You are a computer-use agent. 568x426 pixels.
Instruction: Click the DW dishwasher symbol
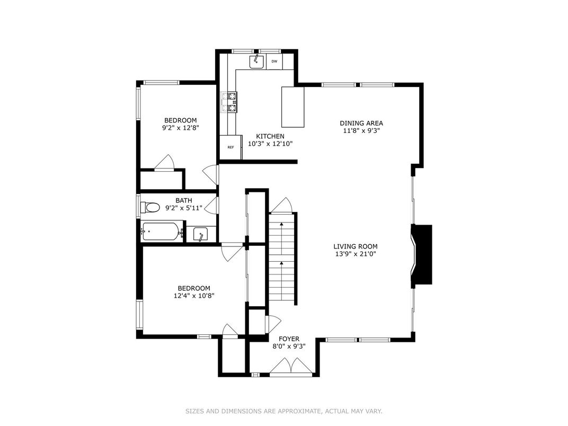pos(274,61)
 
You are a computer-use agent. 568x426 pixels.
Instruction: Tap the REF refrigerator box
pos(230,147)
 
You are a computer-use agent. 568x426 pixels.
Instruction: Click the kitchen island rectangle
pos(293,107)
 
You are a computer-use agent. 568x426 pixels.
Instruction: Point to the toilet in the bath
pos(150,207)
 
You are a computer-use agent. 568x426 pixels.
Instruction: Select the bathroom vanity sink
pos(201,234)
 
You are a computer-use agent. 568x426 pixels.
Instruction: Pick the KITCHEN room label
pos(270,136)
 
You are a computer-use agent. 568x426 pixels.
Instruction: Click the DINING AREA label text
pos(361,123)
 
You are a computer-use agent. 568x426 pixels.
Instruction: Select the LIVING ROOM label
pos(355,246)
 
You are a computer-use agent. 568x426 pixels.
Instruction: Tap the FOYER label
pos(289,339)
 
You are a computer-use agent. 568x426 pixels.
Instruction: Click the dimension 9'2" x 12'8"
pos(180,128)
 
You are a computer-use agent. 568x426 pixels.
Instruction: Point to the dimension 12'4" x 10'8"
pos(194,296)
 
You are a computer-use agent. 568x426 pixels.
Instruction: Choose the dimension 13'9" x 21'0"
pos(355,254)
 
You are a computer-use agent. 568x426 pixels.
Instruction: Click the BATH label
pos(184,200)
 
